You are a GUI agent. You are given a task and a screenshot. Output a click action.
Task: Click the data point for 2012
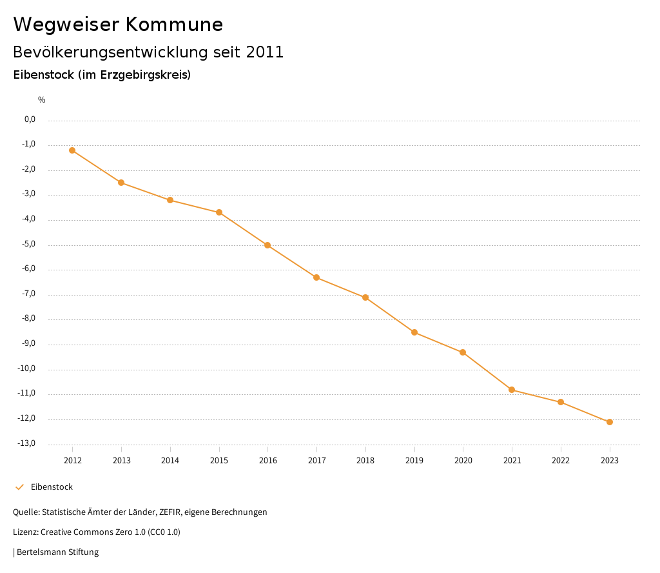pyautogui.click(x=72, y=150)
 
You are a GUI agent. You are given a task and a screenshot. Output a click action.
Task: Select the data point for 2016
pyautogui.click(x=267, y=245)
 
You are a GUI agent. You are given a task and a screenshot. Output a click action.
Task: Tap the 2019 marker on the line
pyautogui.click(x=414, y=332)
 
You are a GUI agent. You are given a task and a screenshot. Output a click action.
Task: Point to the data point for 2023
pyautogui.click(x=610, y=422)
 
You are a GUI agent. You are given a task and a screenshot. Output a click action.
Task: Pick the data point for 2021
pyautogui.click(x=512, y=390)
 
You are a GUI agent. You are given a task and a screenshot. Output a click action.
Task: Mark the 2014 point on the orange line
pyautogui.click(x=170, y=200)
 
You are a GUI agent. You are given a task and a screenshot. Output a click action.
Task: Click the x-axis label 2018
pyautogui.click(x=365, y=460)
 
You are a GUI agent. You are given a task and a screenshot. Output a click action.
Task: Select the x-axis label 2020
pyautogui.click(x=463, y=460)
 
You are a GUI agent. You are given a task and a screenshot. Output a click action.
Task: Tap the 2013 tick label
pyautogui.click(x=121, y=460)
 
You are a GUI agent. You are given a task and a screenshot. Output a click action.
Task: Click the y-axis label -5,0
pyautogui.click(x=30, y=244)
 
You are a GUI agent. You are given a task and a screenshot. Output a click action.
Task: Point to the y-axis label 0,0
pyautogui.click(x=30, y=119)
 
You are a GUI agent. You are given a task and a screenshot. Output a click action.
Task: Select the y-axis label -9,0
pyautogui.click(x=30, y=343)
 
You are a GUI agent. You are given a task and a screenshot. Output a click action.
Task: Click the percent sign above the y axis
pyautogui.click(x=42, y=100)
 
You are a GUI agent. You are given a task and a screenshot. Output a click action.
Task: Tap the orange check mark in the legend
pyautogui.click(x=19, y=487)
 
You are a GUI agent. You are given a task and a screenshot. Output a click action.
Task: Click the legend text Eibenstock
pyautogui.click(x=52, y=487)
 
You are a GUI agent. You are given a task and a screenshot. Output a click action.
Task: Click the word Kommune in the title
pyautogui.click(x=174, y=25)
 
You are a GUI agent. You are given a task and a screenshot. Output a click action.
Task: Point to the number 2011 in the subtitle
pyautogui.click(x=265, y=52)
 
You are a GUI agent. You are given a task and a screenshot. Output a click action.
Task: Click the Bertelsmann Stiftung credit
pyautogui.click(x=57, y=552)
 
